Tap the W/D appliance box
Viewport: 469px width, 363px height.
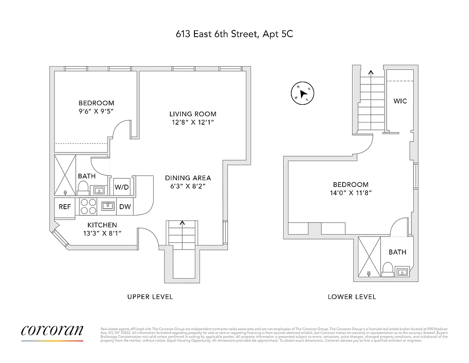121,187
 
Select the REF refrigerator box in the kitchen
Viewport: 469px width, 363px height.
65,206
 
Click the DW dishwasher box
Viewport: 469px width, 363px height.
125,206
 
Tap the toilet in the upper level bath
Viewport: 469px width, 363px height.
83,187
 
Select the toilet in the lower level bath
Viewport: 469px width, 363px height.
387,269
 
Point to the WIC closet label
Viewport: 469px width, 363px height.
400,101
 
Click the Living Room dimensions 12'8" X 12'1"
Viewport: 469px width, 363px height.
193,123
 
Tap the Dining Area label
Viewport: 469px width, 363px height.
188,178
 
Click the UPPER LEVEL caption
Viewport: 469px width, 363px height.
150,297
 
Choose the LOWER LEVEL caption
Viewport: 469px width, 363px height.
352,297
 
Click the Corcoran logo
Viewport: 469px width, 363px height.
52,331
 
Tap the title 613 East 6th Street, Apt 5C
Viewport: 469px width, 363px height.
234,34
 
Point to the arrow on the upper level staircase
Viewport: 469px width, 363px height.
183,223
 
